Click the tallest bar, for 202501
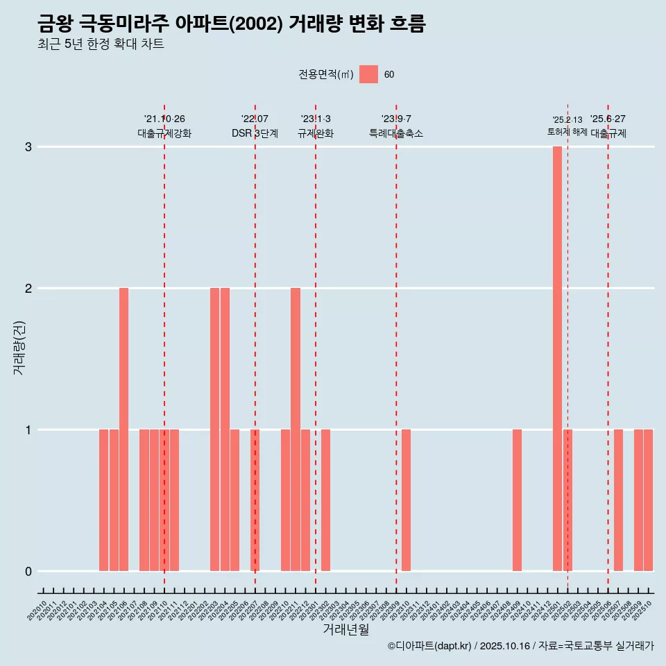(x=557, y=358)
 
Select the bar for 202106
(x=123, y=429)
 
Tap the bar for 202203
(x=214, y=429)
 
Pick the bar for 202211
(x=296, y=429)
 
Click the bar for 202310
(x=406, y=499)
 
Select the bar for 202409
(x=517, y=499)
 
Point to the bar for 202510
(x=648, y=499)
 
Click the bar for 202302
(x=325, y=499)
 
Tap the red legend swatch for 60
(x=368, y=74)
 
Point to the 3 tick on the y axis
(x=28, y=147)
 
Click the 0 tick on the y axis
(x=28, y=571)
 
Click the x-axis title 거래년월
(x=345, y=629)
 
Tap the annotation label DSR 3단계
(x=255, y=133)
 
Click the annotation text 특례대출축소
(x=395, y=133)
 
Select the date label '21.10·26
(x=164, y=119)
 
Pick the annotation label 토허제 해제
(x=567, y=132)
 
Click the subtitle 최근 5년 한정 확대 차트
(x=101, y=44)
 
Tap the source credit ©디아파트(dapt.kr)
(x=429, y=646)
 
